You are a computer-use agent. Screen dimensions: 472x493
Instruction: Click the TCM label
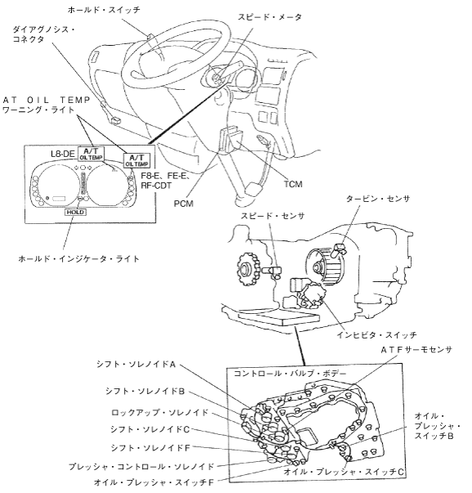tap(293, 184)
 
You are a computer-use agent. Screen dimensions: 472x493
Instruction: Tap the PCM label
tap(184, 204)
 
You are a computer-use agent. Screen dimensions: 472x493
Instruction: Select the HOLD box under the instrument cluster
tap(76, 213)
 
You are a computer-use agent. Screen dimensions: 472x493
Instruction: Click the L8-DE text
tap(63, 154)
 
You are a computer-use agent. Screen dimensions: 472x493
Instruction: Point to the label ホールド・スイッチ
tap(104, 10)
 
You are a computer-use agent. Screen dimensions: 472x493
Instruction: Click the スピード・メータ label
tap(269, 16)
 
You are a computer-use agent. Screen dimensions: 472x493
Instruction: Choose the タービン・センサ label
tap(378, 199)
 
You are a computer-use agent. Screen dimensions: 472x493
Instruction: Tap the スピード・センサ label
tap(273, 216)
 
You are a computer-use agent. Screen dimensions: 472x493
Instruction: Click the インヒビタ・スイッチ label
tap(376, 334)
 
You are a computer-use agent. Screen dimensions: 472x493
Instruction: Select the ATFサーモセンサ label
tap(416, 350)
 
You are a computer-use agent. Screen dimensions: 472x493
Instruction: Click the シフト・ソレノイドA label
tap(136, 364)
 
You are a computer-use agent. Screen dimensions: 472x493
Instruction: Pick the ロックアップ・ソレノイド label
tap(160, 412)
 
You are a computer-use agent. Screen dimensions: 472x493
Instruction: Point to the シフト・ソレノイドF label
tap(150, 448)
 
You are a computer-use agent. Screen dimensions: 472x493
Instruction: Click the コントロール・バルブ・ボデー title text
tap(290, 374)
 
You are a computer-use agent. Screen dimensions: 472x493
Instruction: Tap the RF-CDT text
tap(156, 186)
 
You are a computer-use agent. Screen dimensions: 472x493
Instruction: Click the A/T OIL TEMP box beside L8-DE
tap(91, 153)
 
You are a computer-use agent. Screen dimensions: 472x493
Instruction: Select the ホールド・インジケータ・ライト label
tap(79, 258)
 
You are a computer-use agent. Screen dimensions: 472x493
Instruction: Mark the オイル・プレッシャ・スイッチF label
tap(154, 482)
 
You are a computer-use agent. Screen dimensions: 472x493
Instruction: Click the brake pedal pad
tap(254, 190)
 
